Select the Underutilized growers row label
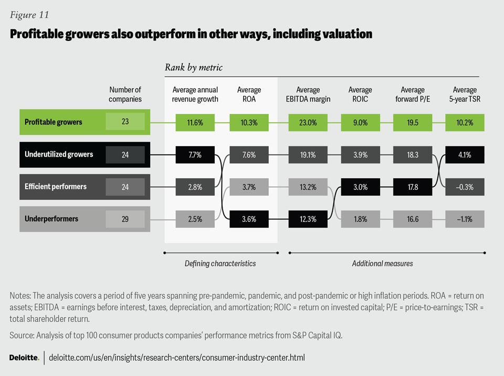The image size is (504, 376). click(59, 155)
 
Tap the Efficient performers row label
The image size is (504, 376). click(56, 187)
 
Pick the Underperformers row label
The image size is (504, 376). click(51, 219)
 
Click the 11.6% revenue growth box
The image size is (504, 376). click(195, 122)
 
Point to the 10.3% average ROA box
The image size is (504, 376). click(249, 122)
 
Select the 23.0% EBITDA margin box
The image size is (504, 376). click(308, 122)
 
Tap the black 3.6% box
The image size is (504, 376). click(249, 219)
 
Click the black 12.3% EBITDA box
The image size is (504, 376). click(308, 219)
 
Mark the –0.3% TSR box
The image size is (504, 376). click(465, 187)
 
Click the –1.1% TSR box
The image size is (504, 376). click(465, 219)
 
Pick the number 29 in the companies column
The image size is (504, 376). click(125, 219)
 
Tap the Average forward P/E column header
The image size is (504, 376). click(412, 94)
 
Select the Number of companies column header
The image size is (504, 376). click(125, 94)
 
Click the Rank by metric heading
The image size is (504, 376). click(194, 67)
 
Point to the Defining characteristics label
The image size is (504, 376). click(220, 263)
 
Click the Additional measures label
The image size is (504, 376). click(382, 263)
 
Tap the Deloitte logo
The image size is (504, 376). click(24, 358)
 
